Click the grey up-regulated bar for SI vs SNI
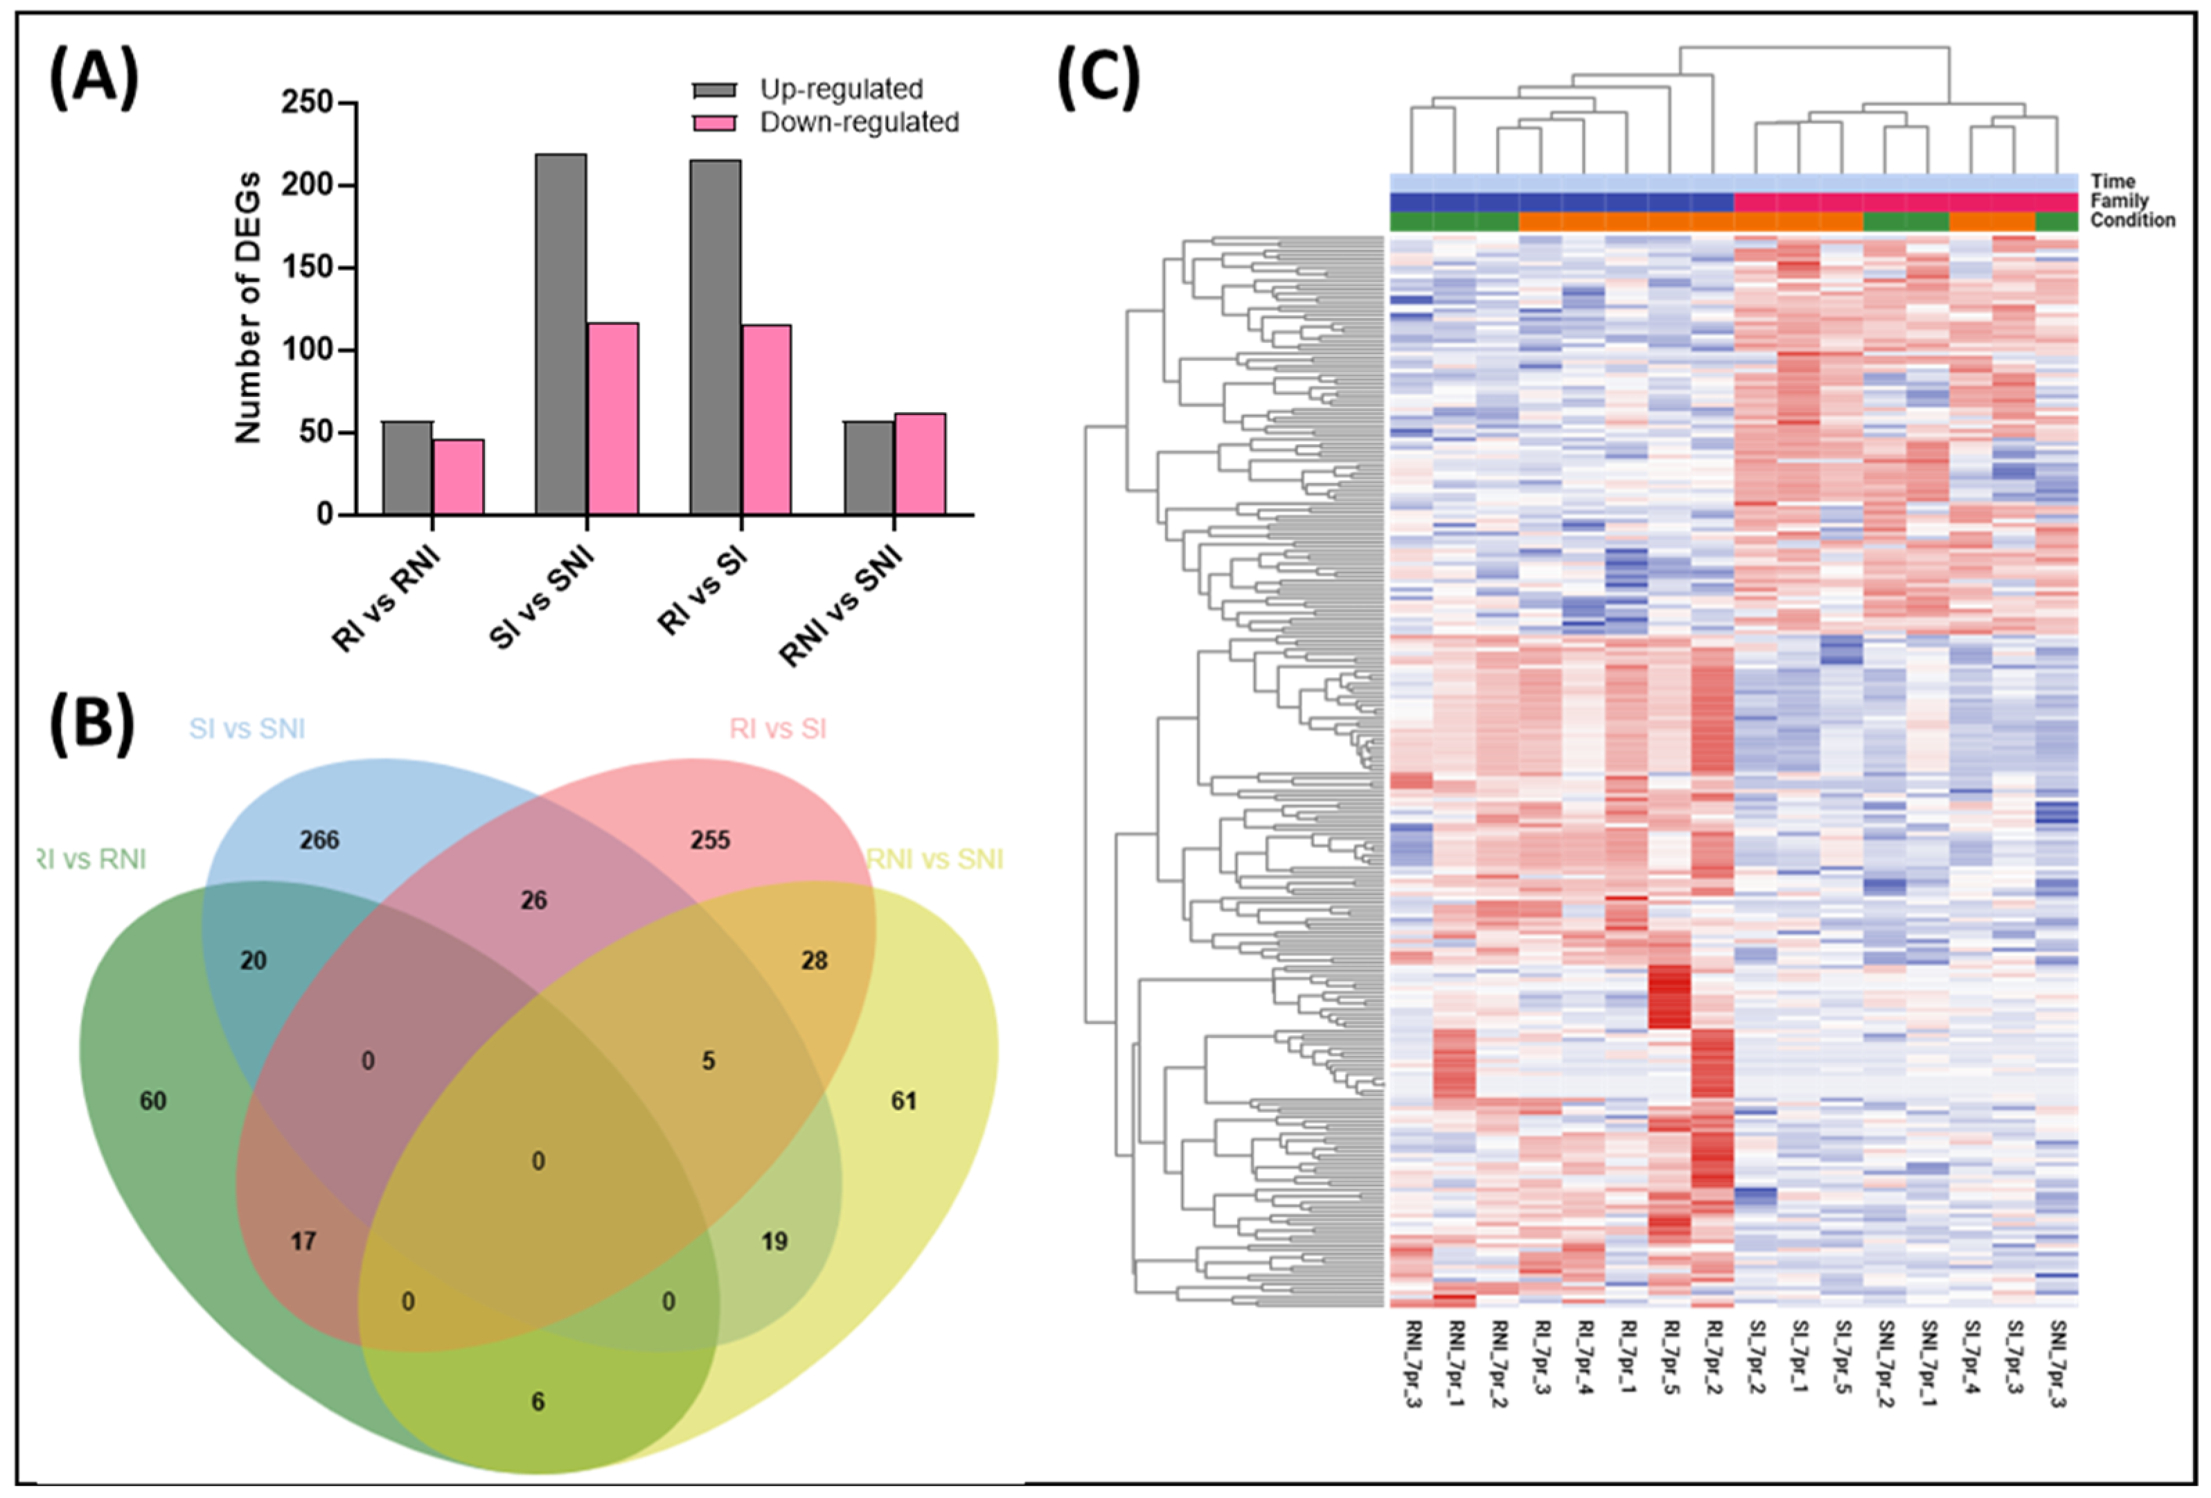560,334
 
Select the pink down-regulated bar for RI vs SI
766,420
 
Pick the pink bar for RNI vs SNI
919,464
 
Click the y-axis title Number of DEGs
247,308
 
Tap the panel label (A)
94,76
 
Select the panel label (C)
1098,76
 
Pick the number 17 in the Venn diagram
303,1241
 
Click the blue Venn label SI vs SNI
247,729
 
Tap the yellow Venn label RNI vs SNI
934,859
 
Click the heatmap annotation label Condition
2132,220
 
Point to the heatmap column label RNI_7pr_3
1412,1363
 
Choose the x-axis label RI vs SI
702,591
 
